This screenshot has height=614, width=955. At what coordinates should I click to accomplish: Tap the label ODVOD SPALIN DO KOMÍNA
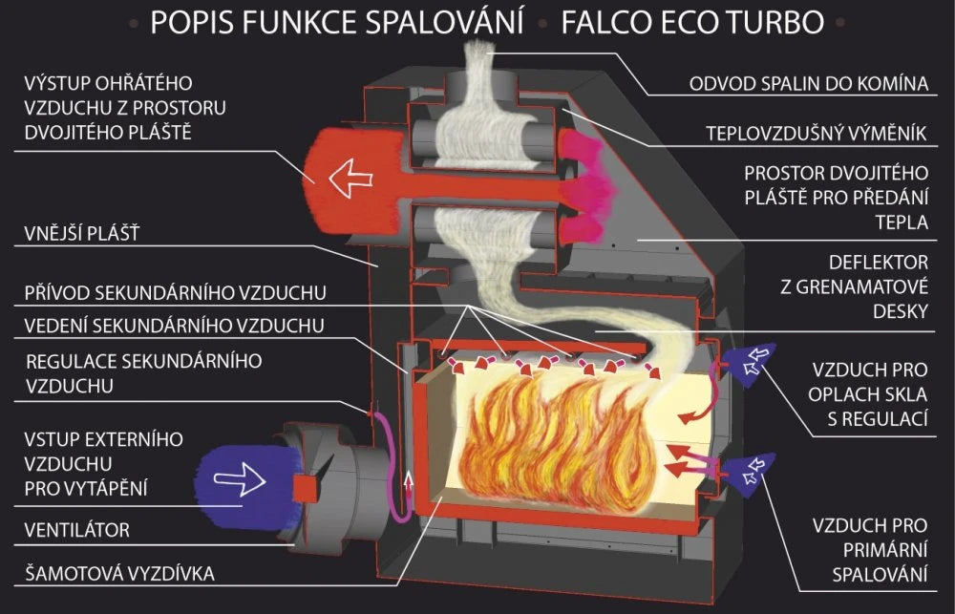(x=808, y=83)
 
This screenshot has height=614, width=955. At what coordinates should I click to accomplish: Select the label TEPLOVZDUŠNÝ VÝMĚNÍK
(x=817, y=134)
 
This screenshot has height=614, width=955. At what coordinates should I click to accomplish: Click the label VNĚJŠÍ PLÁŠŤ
(x=82, y=233)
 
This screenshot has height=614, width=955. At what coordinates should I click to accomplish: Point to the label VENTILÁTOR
(x=76, y=530)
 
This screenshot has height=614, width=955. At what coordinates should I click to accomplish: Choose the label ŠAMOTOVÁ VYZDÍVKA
(x=119, y=574)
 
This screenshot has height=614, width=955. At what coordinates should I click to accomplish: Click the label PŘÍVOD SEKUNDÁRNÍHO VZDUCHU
(x=176, y=293)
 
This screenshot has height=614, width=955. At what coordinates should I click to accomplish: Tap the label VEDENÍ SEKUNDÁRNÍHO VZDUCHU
(x=174, y=326)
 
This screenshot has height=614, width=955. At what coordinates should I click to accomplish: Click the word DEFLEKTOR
(x=879, y=263)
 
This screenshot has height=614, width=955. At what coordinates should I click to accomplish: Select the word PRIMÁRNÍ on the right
(x=885, y=550)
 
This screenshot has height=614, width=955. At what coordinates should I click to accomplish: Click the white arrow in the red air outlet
(x=350, y=178)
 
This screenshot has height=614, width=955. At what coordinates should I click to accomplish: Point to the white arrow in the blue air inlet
(x=240, y=479)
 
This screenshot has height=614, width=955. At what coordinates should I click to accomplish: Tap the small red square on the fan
(x=305, y=489)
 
